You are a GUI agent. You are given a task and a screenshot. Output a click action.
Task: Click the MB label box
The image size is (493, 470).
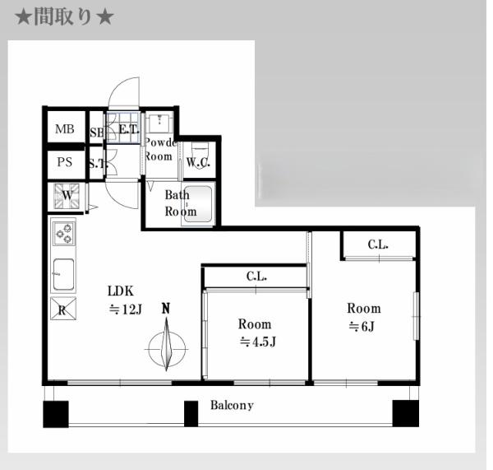[64, 129]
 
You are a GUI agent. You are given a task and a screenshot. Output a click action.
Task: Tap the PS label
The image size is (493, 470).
[64, 162]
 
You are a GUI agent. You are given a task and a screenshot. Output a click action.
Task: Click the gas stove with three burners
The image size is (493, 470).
[64, 235]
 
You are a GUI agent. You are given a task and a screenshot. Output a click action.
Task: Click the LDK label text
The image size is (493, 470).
[120, 291]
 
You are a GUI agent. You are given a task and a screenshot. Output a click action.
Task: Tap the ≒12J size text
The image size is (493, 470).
[126, 309]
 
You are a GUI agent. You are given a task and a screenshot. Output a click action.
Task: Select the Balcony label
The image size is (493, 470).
[232, 405]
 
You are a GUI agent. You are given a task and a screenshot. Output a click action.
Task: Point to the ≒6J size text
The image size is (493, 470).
[363, 326]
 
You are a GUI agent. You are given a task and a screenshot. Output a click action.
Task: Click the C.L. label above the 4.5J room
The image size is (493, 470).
[256, 277]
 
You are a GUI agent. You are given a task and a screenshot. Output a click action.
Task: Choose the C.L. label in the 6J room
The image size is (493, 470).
[377, 244]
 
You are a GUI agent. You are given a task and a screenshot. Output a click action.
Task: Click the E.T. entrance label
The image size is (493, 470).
[128, 129]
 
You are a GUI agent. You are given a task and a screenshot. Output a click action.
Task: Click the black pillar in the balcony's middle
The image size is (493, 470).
[191, 413]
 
